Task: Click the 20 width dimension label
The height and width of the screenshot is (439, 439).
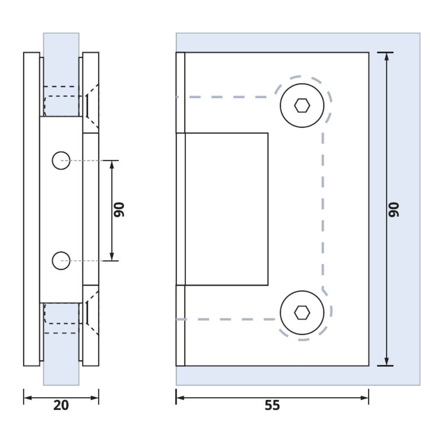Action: coord(61,405)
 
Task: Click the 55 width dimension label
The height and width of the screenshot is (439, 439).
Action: coord(272,405)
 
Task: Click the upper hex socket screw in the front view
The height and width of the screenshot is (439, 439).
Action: coord(302,105)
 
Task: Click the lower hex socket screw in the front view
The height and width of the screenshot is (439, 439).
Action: coord(302,313)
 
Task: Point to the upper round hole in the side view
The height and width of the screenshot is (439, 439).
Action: coord(61,160)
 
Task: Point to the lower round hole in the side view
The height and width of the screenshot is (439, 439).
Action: coord(61,260)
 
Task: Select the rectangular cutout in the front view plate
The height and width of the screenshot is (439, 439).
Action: coord(226,209)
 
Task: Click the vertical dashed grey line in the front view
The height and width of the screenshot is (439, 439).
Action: coord(323,210)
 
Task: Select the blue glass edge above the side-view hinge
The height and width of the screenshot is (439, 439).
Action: coord(61,41)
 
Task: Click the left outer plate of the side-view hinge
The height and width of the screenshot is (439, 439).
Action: coord(32,210)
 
